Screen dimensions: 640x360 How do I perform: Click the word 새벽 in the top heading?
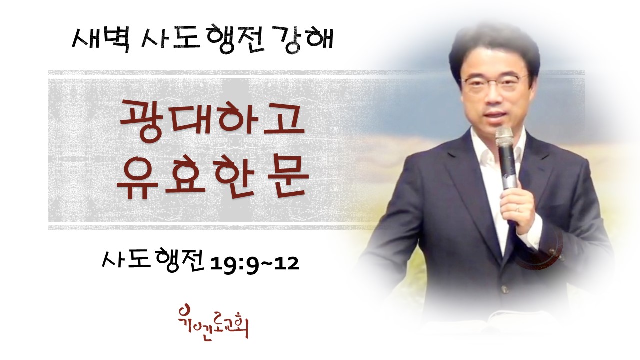point(101,40)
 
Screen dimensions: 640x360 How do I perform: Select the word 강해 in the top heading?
point(305,40)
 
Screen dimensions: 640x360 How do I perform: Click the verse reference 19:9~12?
point(254,264)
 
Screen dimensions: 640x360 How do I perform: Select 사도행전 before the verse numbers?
point(153,261)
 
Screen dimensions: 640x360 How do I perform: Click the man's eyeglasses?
point(495,83)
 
